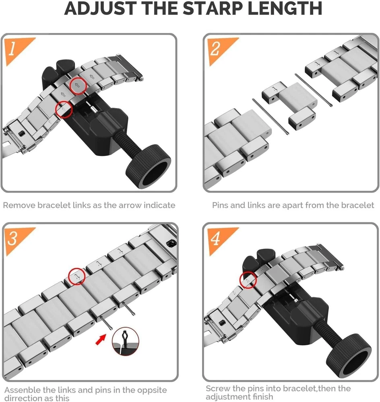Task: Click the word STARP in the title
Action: [213, 8]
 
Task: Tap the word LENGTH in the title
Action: [285, 8]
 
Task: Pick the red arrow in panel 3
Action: [101, 340]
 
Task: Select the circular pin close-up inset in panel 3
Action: [126, 341]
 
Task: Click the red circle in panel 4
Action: [248, 279]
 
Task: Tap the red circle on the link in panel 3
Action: [77, 277]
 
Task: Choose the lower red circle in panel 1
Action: [64, 109]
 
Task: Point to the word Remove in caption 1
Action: [19, 205]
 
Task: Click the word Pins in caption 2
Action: [220, 205]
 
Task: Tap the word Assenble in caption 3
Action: [22, 390]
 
